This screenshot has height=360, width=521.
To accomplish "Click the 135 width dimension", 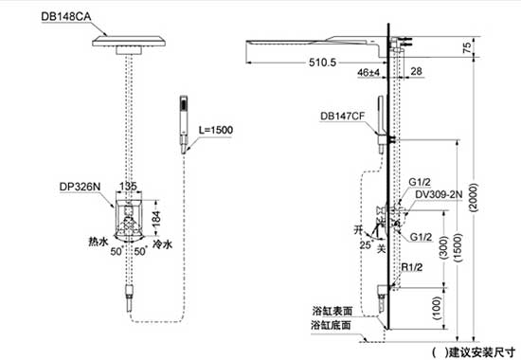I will pos(127,188).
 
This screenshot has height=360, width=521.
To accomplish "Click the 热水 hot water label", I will pos(97,243).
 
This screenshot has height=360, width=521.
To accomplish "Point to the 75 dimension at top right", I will pos(466,45).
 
